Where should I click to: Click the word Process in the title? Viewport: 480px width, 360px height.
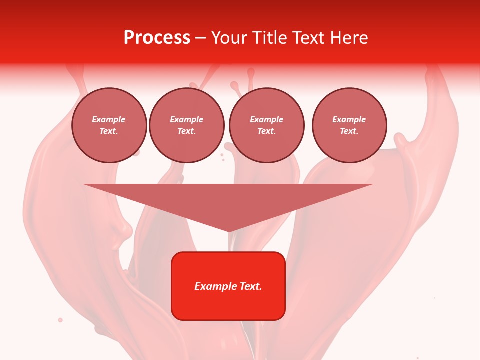(x=157, y=38)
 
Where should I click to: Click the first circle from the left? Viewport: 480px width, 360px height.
(x=109, y=125)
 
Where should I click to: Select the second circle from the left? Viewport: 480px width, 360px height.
(x=186, y=125)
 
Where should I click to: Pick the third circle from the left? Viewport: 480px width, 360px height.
(x=266, y=125)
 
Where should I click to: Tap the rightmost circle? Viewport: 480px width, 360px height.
(x=349, y=125)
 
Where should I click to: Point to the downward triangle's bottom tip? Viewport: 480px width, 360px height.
(x=228, y=231)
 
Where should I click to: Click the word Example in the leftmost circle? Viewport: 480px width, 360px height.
(x=109, y=119)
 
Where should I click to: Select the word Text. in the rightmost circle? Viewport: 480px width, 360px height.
(x=349, y=131)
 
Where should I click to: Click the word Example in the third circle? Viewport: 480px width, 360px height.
(x=266, y=119)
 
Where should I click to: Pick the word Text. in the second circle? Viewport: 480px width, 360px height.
(x=186, y=131)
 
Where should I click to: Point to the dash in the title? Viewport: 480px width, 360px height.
(x=201, y=38)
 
